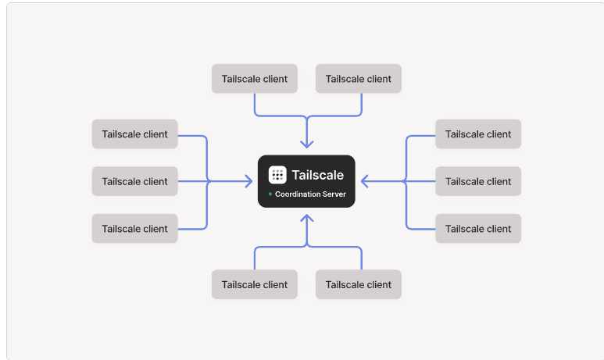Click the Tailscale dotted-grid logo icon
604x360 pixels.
pyautogui.click(x=277, y=175)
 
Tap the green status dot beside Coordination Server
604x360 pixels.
pyautogui.click(x=270, y=194)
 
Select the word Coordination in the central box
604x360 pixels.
pyautogui.click(x=294, y=194)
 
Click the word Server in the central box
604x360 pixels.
pyautogui.click(x=334, y=194)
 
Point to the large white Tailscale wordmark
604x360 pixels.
pyautogui.click(x=318, y=175)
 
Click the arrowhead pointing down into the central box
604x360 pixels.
pyautogui.click(x=306, y=144)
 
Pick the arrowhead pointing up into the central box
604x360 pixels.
pyautogui.click(x=306, y=219)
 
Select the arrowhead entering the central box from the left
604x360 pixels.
pyautogui.click(x=248, y=181)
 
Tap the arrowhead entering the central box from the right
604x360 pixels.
pyautogui.click(x=364, y=181)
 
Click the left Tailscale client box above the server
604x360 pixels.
pyautogui.click(x=255, y=79)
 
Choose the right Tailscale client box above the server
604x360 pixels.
pyautogui.click(x=358, y=79)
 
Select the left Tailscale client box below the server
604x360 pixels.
pyautogui.click(x=255, y=284)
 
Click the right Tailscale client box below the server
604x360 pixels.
pyautogui.click(x=358, y=284)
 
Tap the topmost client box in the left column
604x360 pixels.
pyautogui.click(x=135, y=134)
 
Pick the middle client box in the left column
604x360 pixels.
pyautogui.click(x=135, y=181)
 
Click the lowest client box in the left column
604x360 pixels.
pyautogui.click(x=135, y=229)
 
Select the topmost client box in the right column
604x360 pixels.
pyautogui.click(x=478, y=134)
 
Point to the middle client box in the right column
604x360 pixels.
pyautogui.click(x=478, y=181)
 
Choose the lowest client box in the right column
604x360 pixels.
pyautogui.click(x=478, y=229)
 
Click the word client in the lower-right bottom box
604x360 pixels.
pyautogui.click(x=379, y=284)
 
